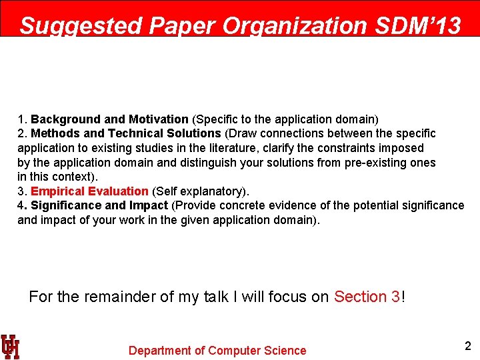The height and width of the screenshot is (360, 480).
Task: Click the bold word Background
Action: pos(67,119)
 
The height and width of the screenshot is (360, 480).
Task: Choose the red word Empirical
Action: pos(57,191)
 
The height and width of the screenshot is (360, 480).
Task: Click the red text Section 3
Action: pos(367,297)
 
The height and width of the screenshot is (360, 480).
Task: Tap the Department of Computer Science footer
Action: pos(217,351)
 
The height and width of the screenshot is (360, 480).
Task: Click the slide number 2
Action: pos(467,346)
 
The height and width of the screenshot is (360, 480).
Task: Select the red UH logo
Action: pos(10,347)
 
